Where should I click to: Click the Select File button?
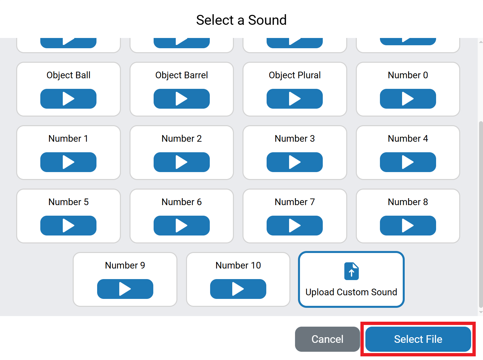pyautogui.click(x=418, y=339)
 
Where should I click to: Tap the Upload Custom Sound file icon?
pyautogui.click(x=351, y=271)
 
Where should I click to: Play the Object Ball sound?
pyautogui.click(x=68, y=99)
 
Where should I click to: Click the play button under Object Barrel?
pyautogui.click(x=181, y=99)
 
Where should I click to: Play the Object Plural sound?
pyautogui.click(x=294, y=99)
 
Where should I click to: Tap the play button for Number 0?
pyautogui.click(x=408, y=99)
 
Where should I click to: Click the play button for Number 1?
pyautogui.click(x=68, y=162)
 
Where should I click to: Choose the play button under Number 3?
pyautogui.click(x=294, y=162)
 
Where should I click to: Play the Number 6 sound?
pyautogui.click(x=181, y=226)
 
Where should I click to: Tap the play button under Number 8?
pyautogui.click(x=408, y=226)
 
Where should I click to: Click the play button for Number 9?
pyautogui.click(x=125, y=289)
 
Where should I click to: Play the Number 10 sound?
pyautogui.click(x=238, y=289)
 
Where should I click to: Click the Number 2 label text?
pyautogui.click(x=181, y=138)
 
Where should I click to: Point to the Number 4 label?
pyautogui.click(x=408, y=138)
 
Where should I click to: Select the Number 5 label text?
pyautogui.click(x=68, y=202)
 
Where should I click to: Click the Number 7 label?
pyautogui.click(x=294, y=202)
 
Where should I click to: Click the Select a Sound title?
pyautogui.click(x=241, y=20)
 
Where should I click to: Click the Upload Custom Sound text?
pyautogui.click(x=351, y=292)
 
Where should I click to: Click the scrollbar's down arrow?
pyautogui.click(x=481, y=312)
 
